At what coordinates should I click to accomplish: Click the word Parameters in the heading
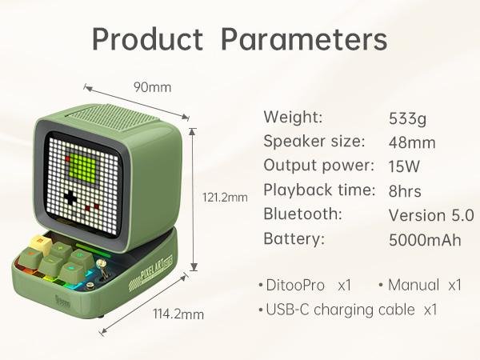(x=304, y=38)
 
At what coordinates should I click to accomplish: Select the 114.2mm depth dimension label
(x=178, y=314)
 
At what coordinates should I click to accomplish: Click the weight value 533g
(x=407, y=119)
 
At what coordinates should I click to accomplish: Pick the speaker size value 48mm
(x=412, y=143)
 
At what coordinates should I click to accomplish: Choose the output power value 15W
(x=404, y=167)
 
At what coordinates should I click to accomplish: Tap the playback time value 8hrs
(x=405, y=191)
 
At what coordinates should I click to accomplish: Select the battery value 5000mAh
(x=425, y=239)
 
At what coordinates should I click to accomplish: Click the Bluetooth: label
(x=302, y=214)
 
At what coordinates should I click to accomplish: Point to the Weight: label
(x=293, y=118)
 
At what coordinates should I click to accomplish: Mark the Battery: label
(x=294, y=238)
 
